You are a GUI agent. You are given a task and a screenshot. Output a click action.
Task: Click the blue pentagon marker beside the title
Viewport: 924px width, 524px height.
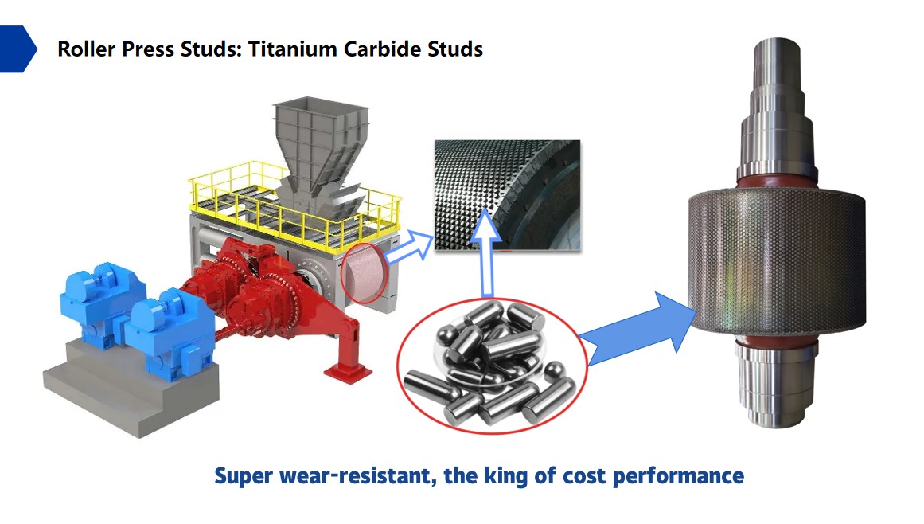coord(18,49)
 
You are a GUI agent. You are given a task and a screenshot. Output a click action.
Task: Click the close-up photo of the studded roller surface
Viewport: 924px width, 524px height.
coord(508,195)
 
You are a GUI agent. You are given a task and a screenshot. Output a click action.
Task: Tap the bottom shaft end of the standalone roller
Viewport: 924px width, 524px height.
coord(775,382)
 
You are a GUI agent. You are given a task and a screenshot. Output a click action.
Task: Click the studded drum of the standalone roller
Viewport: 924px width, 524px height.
coord(777,263)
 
